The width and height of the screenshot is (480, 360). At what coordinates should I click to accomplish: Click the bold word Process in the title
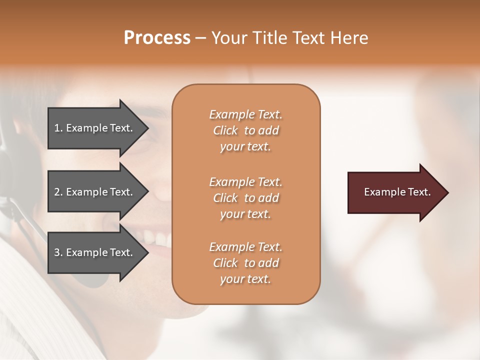(157, 38)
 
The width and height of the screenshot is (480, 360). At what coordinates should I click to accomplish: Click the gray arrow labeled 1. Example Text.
(95, 128)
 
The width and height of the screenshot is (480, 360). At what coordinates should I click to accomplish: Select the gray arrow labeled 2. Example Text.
(95, 192)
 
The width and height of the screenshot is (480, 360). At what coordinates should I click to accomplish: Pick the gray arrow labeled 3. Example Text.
(95, 252)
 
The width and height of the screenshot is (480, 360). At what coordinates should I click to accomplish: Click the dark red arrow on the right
(395, 192)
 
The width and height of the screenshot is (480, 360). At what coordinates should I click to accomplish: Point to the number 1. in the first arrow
(58, 128)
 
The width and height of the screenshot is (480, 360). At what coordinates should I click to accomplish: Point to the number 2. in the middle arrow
(58, 192)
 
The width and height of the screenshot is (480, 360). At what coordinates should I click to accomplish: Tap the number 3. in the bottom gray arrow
(58, 252)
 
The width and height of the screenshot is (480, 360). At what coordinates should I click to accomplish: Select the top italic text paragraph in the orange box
(245, 130)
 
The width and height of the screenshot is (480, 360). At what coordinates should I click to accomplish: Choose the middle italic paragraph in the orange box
(245, 198)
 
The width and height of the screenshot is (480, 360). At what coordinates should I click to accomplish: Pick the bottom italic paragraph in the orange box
(245, 263)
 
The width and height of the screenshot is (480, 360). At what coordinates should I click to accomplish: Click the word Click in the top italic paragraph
(225, 130)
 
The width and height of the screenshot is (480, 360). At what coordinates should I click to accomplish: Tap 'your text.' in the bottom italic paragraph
(245, 279)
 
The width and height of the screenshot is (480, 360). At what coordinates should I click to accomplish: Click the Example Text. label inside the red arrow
(397, 192)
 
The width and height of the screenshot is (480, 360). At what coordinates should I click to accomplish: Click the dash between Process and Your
(201, 38)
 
